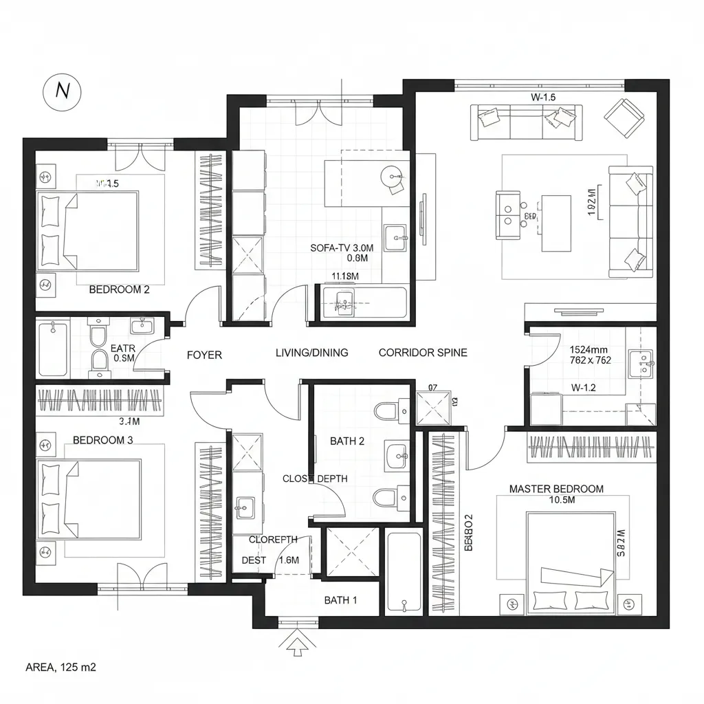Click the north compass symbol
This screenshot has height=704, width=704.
click(63, 91)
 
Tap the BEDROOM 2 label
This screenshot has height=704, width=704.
click(120, 289)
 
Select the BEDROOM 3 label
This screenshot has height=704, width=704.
click(103, 440)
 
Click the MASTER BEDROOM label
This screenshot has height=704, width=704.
click(556, 489)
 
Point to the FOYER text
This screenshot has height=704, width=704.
click(204, 355)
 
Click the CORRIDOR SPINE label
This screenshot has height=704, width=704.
click(423, 353)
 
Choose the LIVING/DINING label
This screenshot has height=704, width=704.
click(311, 353)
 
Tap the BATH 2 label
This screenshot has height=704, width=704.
click(347, 441)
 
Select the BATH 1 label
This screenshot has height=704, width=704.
click(340, 600)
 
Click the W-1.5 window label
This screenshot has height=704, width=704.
click(543, 97)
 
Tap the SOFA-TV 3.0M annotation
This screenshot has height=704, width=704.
click(342, 247)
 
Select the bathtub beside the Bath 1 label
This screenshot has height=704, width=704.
click(404, 572)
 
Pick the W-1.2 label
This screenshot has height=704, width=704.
click(583, 387)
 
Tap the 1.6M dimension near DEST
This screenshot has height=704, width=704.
click(289, 560)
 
